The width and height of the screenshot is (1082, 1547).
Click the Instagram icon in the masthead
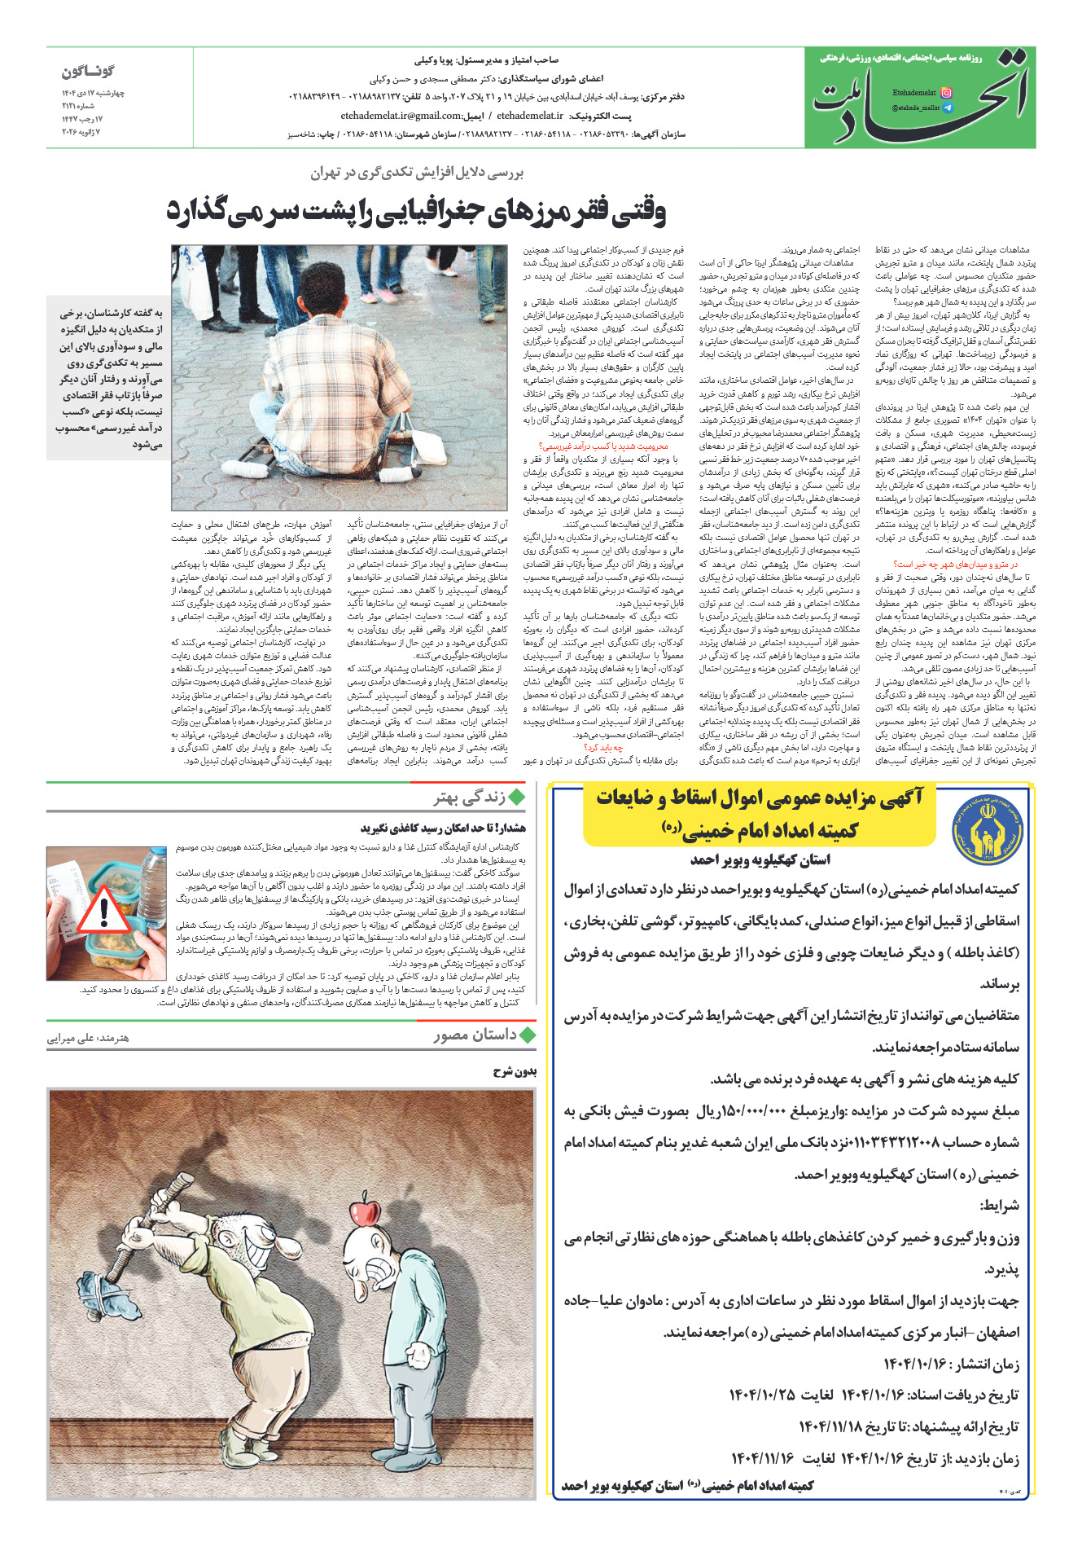[946, 94]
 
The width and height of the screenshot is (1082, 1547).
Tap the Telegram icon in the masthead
[946, 108]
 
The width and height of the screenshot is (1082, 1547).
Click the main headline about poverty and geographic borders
[416, 212]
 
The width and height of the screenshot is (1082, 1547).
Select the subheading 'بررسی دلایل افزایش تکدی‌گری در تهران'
[416, 173]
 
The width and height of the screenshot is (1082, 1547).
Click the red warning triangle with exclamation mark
[103, 911]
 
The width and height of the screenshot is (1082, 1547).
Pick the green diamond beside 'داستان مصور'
[527, 1035]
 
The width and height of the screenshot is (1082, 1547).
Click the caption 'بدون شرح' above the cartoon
[515, 1071]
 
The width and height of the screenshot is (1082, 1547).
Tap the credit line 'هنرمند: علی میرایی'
[88, 1038]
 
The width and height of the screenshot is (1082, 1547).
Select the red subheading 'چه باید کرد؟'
[603, 747]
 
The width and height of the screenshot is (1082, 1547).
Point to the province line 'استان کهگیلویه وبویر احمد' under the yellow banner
[760, 859]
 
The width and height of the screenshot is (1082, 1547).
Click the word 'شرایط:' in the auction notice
[999, 1206]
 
